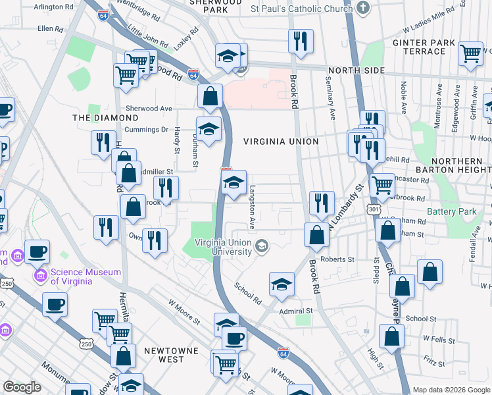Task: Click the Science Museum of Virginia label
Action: [x=86, y=276]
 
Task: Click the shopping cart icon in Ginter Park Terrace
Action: [x=470, y=53]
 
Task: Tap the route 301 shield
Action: [x=374, y=209]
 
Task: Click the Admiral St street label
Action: [x=295, y=311]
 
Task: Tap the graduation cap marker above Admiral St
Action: [x=282, y=284]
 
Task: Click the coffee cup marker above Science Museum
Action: [x=37, y=251]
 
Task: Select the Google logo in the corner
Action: [x=22, y=387]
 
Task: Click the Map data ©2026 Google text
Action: [x=451, y=390]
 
